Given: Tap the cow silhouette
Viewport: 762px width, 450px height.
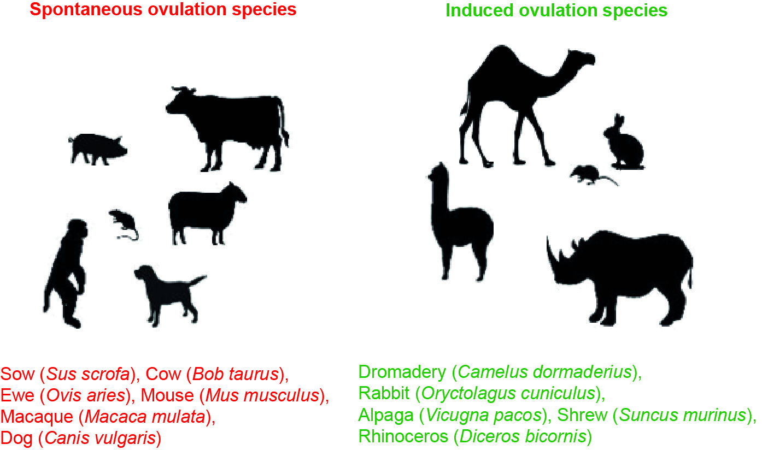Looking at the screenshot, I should click(230, 120).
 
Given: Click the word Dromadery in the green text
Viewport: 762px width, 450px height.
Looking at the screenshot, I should click(402, 373).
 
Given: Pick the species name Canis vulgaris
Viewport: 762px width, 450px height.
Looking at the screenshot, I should click(101, 438).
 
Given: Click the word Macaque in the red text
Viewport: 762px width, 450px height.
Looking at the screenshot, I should click(36, 417).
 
